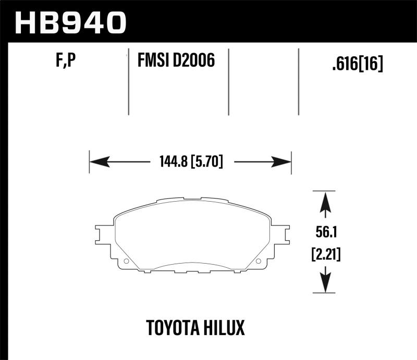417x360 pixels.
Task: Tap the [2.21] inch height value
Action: [325, 255]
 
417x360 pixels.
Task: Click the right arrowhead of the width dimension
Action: [282, 163]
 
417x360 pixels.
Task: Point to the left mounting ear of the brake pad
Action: [103, 234]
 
